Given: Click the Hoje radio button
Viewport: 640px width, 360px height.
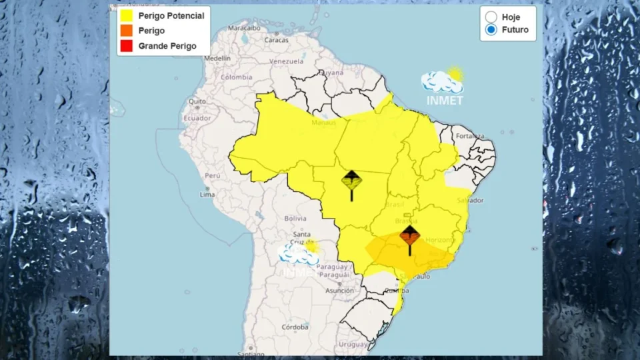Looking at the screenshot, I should pyautogui.click(x=491, y=17).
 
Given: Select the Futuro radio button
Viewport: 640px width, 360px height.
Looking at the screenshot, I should pyautogui.click(x=491, y=30).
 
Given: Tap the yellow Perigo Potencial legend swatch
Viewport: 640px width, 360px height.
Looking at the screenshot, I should pyautogui.click(x=126, y=15).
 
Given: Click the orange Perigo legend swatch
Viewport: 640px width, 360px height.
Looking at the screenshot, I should pyautogui.click(x=126, y=31).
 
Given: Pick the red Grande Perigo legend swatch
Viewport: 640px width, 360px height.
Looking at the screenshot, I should pyautogui.click(x=126, y=46).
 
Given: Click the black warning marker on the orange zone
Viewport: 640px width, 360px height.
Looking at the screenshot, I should pyautogui.click(x=409, y=236).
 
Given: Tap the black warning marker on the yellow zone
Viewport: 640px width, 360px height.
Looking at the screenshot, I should pyautogui.click(x=351, y=181).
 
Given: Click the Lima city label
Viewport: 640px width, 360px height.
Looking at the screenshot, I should pyautogui.click(x=207, y=195).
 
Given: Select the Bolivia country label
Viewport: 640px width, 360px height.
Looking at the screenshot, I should pyautogui.click(x=295, y=218).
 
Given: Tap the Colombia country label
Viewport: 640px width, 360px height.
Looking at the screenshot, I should pyautogui.click(x=237, y=77).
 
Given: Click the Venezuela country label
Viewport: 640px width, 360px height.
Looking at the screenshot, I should pyautogui.click(x=287, y=61).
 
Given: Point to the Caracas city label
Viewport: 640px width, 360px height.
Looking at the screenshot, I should pyautogui.click(x=276, y=40).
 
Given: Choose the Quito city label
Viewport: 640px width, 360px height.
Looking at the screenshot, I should pyautogui.click(x=197, y=101).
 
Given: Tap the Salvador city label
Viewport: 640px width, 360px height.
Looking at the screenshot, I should pyautogui.click(x=471, y=200).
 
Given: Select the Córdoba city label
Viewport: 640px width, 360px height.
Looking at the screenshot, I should pyautogui.click(x=295, y=327).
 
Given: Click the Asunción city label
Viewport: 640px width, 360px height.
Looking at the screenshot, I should pyautogui.click(x=339, y=291).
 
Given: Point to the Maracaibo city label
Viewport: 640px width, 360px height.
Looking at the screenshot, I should pyautogui.click(x=243, y=28).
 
